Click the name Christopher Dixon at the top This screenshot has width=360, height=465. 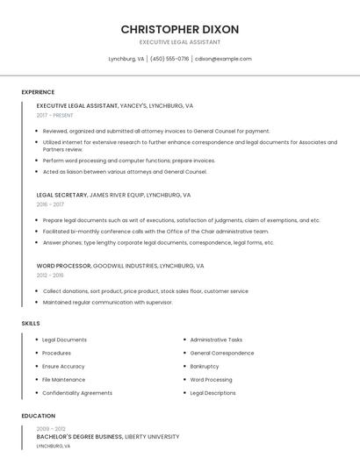coord(180,29)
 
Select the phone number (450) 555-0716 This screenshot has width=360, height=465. coord(169,59)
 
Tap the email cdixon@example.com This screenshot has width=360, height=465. coord(223,59)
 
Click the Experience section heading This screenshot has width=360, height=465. coord(38,92)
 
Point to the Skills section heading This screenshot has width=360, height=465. coord(31,324)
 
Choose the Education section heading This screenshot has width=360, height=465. coord(39,416)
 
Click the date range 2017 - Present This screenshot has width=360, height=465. coord(56,115)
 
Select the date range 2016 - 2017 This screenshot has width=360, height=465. coord(50,204)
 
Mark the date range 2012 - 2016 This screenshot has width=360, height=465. coord(50,275)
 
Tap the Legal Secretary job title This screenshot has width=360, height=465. coord(61,195)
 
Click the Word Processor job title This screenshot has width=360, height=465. coord(63,265)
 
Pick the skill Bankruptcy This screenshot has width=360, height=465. coord(205,367)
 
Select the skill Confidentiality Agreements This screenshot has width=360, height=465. coord(77,393)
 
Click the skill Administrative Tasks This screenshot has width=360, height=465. coord(216,340)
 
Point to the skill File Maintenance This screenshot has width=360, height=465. coord(64,380)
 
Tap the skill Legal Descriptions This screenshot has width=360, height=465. coord(212,393)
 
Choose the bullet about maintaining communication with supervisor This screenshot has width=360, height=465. coord(107,303)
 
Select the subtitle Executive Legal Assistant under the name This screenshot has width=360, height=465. coord(180,42)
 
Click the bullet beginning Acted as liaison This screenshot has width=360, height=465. coord(125,172)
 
